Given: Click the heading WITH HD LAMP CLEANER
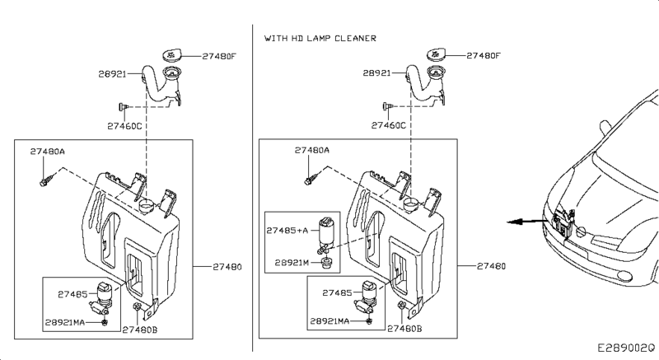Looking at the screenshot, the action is coord(320,38).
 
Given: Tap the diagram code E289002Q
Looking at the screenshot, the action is coord(626,348).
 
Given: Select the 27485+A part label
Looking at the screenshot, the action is coord(287,230).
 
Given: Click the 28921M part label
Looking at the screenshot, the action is coord(292,263).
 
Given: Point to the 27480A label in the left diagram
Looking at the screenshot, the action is coord(48,152).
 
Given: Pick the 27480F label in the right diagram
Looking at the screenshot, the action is coord(484,55).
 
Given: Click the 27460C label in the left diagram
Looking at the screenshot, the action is coord(124,126).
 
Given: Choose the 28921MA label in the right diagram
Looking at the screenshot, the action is coord(329,321).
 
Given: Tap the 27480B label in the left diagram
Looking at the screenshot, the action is coord(140,330).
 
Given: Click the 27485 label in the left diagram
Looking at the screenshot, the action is coord(72,294).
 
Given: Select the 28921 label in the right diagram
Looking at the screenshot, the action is coord(376,73).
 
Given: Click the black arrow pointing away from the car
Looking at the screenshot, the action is coord(527,222).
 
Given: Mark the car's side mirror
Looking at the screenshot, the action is coord(605,128).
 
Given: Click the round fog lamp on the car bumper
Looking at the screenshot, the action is coord(624,276).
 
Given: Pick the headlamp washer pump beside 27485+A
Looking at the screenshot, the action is coord(326,236).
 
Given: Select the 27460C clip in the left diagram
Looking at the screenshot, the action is coord(124,107).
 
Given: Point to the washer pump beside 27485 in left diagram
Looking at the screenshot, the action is coord(102,299).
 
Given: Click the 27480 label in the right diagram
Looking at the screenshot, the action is coord(491,266).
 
